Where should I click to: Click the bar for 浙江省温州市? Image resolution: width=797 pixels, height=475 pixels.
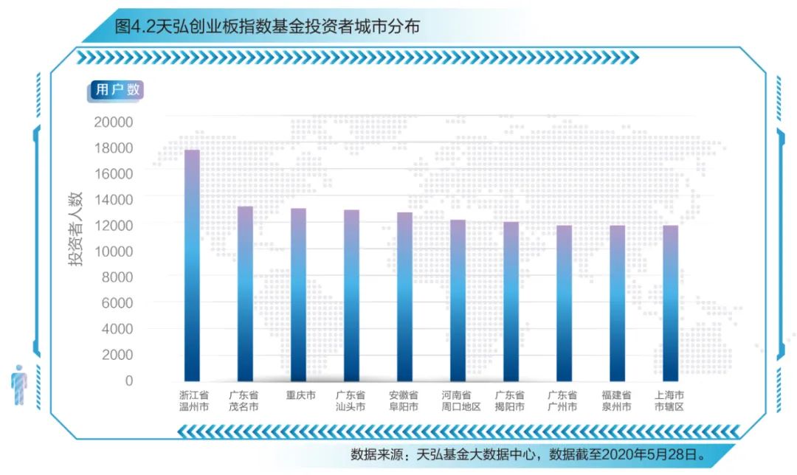192,266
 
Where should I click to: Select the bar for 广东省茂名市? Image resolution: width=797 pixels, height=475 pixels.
245,294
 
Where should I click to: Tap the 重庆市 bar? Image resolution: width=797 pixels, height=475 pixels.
298,295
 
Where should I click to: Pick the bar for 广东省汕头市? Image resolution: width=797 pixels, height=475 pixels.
351,295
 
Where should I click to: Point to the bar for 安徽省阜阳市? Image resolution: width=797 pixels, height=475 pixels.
404,297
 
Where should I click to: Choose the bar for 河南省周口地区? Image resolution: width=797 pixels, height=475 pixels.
458,300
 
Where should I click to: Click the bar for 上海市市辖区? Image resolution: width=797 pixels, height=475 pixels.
670,303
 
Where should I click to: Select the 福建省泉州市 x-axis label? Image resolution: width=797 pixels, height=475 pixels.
617,401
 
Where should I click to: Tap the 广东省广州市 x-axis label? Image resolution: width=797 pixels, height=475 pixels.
563,401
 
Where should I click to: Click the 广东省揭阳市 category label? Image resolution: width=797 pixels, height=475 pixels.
510,401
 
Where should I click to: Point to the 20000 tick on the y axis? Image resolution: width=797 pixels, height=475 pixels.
114,122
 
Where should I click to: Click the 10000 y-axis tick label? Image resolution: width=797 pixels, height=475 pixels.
114,252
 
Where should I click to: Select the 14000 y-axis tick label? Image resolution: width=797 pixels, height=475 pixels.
114,199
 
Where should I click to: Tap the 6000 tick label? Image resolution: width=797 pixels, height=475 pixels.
117,303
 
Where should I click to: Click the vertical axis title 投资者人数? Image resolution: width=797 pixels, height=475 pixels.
77,229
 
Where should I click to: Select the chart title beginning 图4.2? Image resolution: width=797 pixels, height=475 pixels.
268,27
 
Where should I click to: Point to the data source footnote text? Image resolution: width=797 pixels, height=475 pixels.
528,454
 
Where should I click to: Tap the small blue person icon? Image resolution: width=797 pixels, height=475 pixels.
19,385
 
